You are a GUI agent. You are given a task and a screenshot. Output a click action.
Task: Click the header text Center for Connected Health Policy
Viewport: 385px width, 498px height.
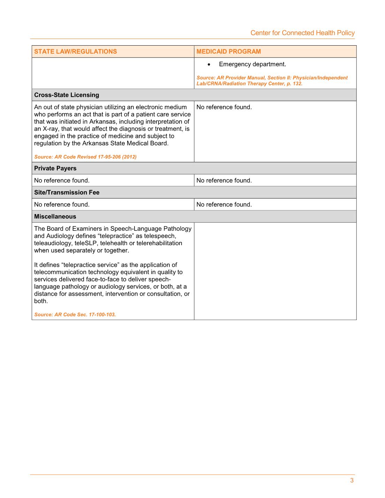pos(302,33)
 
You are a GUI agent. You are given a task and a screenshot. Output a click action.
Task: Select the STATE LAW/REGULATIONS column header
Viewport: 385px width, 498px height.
pos(75,52)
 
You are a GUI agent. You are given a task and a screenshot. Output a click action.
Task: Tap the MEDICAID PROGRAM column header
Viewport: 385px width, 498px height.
pos(229,52)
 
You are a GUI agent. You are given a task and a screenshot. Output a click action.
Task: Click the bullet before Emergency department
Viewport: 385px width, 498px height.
pos(209,64)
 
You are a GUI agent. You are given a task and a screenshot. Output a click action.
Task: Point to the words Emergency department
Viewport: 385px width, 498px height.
pos(252,64)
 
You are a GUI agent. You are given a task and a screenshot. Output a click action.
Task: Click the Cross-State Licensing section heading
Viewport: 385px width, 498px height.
pos(67,95)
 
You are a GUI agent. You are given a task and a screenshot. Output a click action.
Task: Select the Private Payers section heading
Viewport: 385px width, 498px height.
pos(55,168)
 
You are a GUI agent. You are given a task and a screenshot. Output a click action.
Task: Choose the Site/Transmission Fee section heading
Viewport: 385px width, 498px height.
pos(67,192)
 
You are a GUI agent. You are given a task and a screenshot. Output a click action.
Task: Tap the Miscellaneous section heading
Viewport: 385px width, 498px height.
pos(55,216)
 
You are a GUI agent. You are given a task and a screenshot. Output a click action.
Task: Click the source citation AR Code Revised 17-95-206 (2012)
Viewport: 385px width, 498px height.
pos(85,157)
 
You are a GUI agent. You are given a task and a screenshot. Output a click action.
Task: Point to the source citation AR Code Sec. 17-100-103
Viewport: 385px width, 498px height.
pos(75,314)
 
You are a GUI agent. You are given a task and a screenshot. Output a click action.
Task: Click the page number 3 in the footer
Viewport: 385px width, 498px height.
pos(352,481)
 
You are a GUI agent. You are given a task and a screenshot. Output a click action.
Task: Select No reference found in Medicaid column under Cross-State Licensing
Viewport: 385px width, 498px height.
pos(224,107)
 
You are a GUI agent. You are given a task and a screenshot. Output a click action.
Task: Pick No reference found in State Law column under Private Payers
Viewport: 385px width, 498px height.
pos(62,180)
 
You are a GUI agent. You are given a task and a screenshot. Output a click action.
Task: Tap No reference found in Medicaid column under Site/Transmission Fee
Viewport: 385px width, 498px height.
pos(224,204)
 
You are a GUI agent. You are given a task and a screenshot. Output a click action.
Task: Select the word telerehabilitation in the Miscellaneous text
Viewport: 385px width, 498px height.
pos(159,243)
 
